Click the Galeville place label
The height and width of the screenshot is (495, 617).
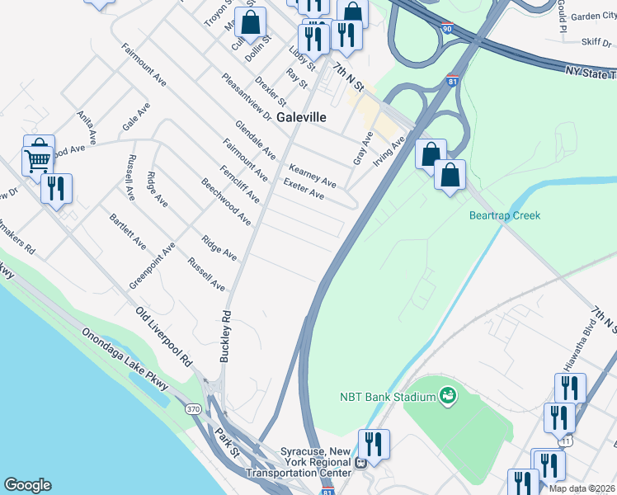coord(301,117)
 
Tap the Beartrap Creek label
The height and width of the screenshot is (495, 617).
coord(504,215)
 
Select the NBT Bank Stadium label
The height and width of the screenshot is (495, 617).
coord(387,397)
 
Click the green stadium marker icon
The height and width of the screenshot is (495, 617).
coord(448,397)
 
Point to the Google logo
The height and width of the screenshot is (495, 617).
coord(27,486)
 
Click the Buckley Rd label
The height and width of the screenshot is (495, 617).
coord(224,337)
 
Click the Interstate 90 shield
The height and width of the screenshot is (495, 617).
coord(445,28)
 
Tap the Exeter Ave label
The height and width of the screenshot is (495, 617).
coord(304,189)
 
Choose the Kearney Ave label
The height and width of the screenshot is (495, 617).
coord(313,174)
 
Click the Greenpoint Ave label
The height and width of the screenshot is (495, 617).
coord(152,265)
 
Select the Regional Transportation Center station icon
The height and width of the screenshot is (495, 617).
coord(360,463)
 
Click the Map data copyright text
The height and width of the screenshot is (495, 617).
coord(581,488)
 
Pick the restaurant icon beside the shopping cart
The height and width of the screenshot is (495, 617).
coord(56,188)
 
